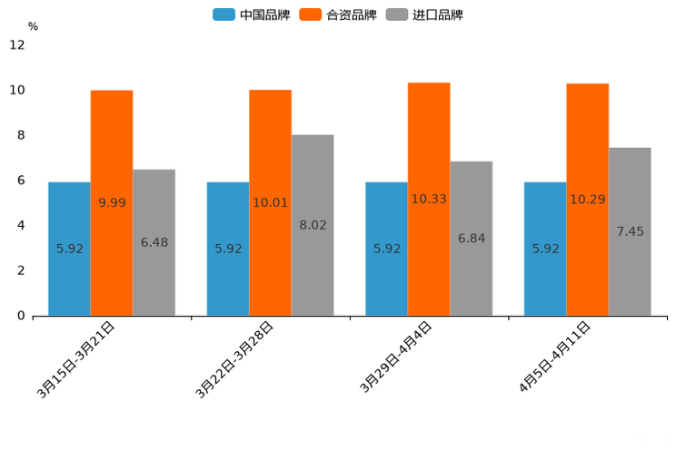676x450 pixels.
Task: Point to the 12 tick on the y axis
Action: (17, 45)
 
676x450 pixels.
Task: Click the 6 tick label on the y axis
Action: (21, 181)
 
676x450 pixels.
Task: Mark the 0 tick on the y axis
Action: (21, 316)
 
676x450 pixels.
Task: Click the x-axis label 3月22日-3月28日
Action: (235, 359)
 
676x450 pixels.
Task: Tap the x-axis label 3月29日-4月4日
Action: (396, 357)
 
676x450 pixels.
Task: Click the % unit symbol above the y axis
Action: (33, 26)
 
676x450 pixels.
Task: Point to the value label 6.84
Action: (472, 239)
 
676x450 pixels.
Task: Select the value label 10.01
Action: (270, 203)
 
